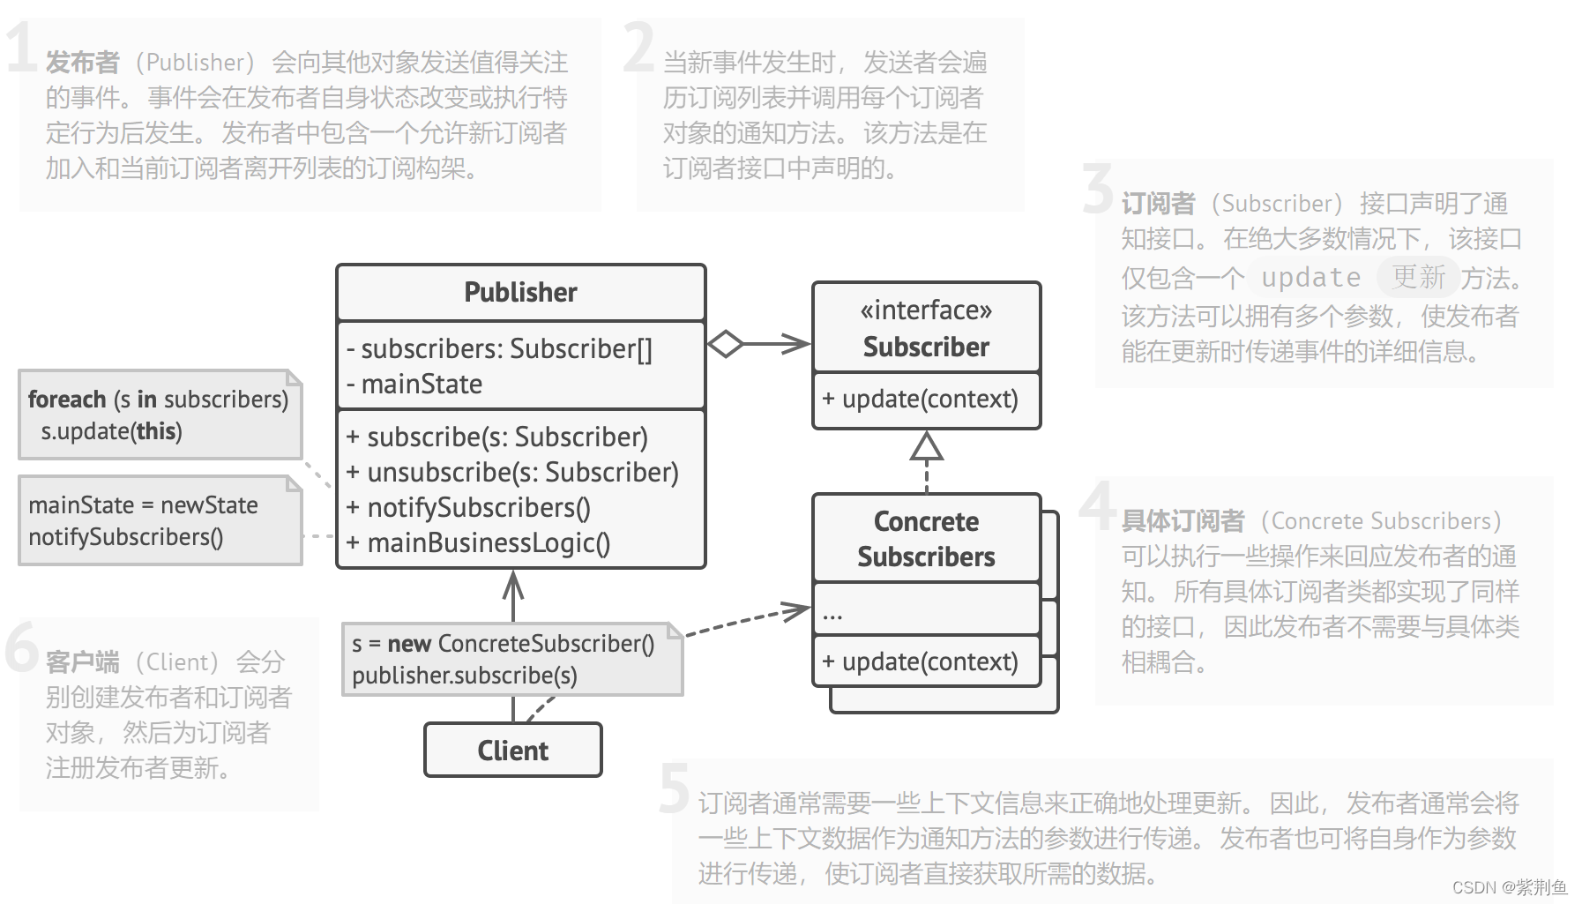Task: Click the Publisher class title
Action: coord(520,292)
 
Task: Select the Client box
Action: coord(512,751)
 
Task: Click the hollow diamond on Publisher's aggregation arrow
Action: coord(726,344)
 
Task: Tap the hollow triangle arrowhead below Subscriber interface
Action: coord(926,447)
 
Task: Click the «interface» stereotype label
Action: coord(926,310)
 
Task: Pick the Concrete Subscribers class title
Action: coord(926,539)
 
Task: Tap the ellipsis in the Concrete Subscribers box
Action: coord(832,614)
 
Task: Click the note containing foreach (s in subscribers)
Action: coord(159,415)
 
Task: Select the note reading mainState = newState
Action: coord(159,520)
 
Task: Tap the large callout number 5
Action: coord(675,788)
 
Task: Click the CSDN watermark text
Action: coord(1508,887)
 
